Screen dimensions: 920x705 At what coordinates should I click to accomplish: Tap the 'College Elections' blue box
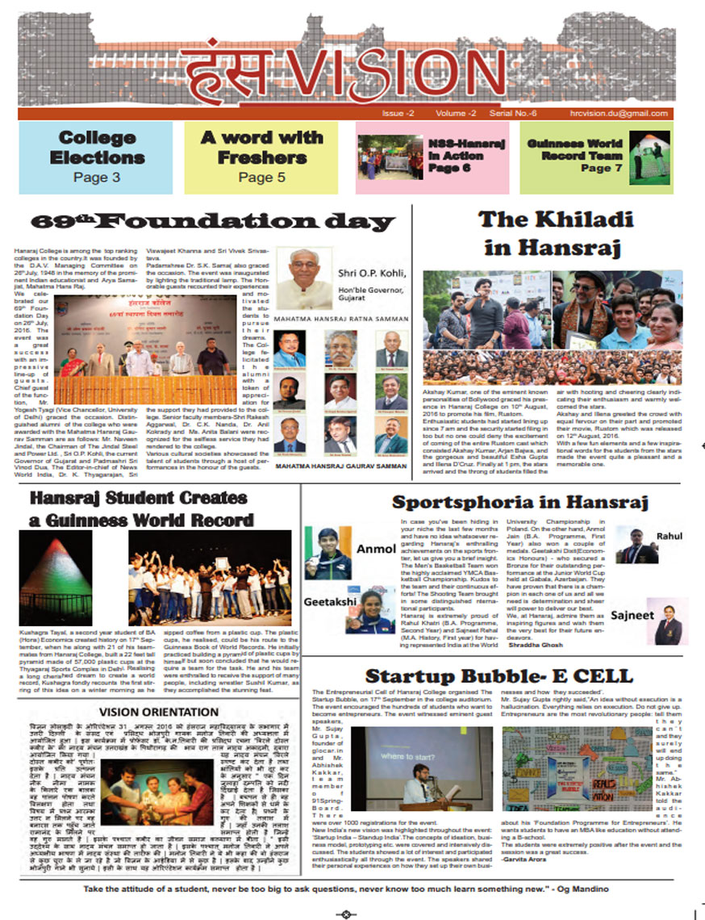coord(96,157)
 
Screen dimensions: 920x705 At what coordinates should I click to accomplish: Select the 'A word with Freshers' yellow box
coord(262,157)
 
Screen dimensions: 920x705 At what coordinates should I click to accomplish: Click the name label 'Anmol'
coord(375,549)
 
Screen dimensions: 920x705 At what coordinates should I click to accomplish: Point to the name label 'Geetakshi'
coord(325,602)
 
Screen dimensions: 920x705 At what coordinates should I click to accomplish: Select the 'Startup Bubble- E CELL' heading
coord(499,675)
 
